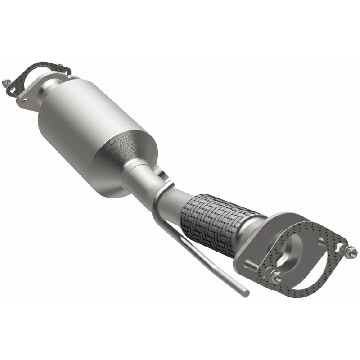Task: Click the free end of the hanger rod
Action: [x=246, y=292]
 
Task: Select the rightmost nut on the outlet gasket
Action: [x=351, y=250]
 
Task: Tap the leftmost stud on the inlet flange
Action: [x=6, y=83]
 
